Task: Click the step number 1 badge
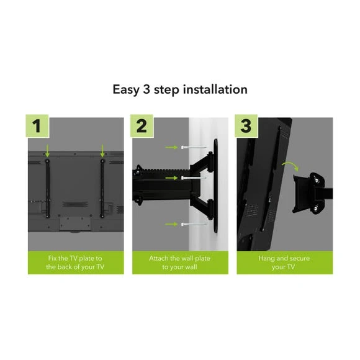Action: click(37, 126)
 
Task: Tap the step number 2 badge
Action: click(142, 126)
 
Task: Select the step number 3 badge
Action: click(246, 126)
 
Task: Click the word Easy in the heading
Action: click(126, 90)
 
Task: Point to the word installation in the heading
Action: click(215, 89)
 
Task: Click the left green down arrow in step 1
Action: click(47, 151)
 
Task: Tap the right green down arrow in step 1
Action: click(102, 151)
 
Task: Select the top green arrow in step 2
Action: click(171, 147)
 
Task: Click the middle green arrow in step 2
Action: click(171, 178)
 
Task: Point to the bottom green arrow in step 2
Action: click(171, 224)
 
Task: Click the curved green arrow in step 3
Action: click(290, 164)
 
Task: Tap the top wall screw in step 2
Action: click(194, 147)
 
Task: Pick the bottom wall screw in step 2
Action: click(194, 224)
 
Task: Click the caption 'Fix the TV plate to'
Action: click(75, 258)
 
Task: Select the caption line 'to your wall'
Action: click(180, 267)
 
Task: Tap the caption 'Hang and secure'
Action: click(284, 258)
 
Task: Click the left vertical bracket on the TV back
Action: click(48, 188)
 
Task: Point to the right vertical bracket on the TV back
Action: click(102, 188)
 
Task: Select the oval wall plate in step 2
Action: click(215, 186)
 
